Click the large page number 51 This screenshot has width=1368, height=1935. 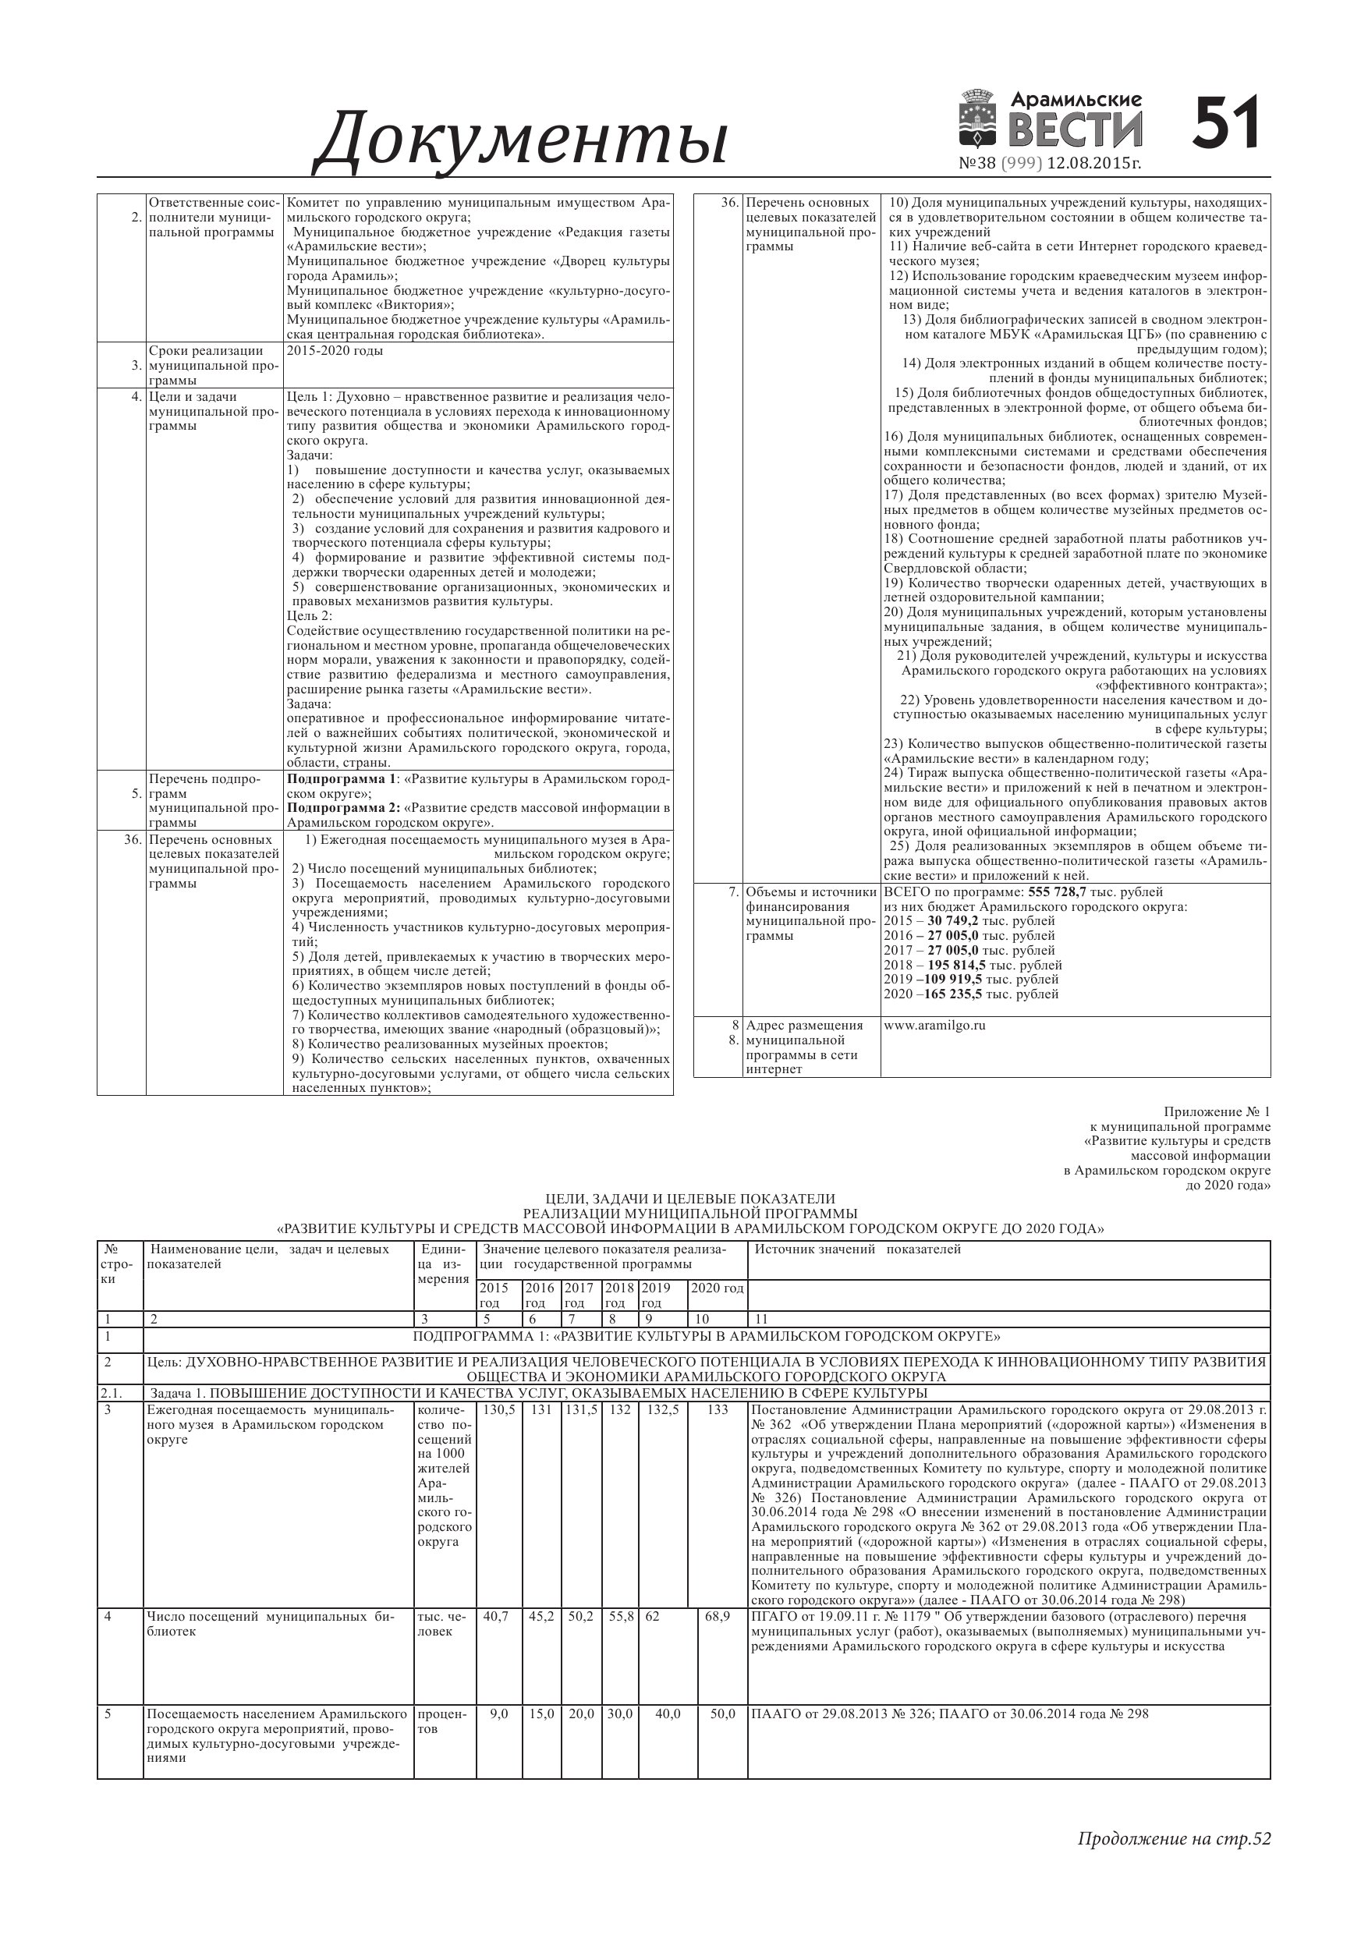click(x=1225, y=124)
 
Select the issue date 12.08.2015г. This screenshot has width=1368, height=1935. click(x=1094, y=163)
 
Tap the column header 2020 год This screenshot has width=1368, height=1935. click(x=718, y=1288)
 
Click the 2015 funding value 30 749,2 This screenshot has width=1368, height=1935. click(x=952, y=921)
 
